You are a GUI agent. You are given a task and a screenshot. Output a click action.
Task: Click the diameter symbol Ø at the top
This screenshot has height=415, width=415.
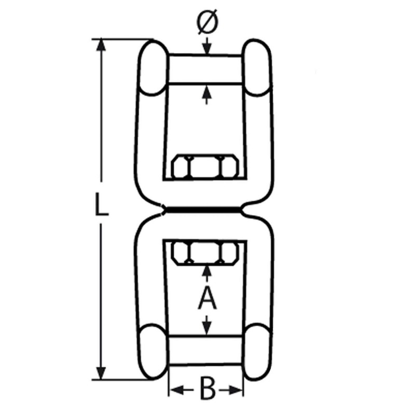click(x=208, y=22)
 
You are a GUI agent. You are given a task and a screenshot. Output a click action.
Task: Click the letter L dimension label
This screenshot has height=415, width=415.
click(x=101, y=204)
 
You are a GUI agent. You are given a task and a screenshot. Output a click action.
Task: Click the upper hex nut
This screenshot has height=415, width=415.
click(x=205, y=166)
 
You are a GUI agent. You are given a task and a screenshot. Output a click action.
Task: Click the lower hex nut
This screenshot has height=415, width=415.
click(x=205, y=254)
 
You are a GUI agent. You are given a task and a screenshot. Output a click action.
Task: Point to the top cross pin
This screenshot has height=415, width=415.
click(x=205, y=69)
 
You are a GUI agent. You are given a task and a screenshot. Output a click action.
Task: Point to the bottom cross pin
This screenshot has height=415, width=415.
click(x=205, y=351)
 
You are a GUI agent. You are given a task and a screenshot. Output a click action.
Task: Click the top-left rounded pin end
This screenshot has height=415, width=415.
click(x=153, y=67)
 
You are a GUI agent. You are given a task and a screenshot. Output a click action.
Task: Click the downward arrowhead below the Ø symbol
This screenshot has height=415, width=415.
click(x=207, y=49)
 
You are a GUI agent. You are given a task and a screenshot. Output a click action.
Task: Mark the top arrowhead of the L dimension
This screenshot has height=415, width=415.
click(x=101, y=45)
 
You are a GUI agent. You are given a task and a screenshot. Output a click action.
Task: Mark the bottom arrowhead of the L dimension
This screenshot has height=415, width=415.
click(x=101, y=374)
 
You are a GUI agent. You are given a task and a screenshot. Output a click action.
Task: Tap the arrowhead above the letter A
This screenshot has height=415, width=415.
click(x=206, y=272)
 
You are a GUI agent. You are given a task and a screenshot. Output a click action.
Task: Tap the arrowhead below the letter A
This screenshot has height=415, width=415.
click(x=207, y=329)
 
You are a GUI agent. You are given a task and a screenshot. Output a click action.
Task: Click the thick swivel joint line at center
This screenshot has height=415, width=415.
click(x=203, y=211)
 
